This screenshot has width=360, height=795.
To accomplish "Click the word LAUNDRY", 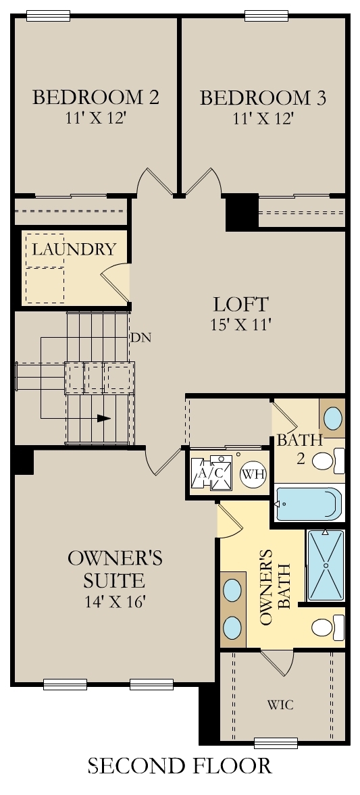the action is pos(74,249).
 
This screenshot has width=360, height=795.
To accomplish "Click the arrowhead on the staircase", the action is pos(103,418).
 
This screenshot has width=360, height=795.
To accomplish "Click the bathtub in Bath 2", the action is pos(308,503).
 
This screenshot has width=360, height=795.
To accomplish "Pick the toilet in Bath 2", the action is pos(328,461).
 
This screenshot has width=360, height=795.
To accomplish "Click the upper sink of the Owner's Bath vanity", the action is pos(233,590).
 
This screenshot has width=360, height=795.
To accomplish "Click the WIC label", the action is pos(280,704).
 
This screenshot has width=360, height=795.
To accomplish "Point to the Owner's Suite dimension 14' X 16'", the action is pos(115,602).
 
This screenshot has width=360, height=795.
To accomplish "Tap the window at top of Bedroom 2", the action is pos(48,16).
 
